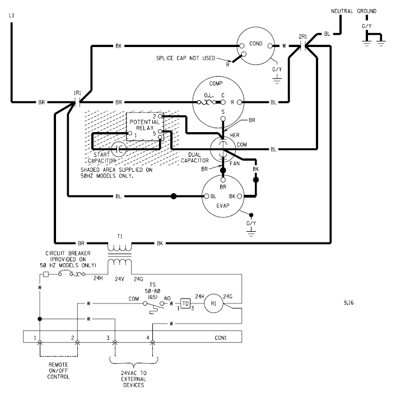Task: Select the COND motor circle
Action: click(255, 46)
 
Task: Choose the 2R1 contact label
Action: click(303, 36)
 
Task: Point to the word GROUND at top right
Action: click(371, 11)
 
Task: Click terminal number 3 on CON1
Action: click(108, 338)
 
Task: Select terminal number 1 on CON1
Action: click(35, 338)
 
